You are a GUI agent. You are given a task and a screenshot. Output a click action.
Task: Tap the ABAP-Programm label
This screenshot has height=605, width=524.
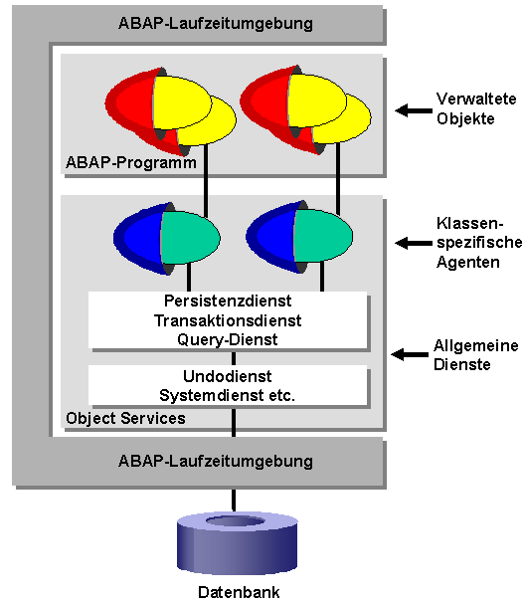click(x=130, y=162)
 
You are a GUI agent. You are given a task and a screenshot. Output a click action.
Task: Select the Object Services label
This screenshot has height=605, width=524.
click(x=125, y=418)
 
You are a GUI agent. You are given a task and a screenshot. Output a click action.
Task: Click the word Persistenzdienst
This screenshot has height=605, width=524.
click(x=228, y=301)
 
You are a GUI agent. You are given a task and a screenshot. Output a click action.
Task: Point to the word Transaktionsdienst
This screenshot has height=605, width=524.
click(x=228, y=320)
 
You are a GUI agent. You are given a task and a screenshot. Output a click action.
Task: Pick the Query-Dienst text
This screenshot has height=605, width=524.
click(x=228, y=339)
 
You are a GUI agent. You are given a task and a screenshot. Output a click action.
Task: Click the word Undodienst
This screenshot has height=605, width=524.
click(x=228, y=376)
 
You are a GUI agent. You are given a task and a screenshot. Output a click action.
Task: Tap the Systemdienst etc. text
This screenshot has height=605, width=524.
click(x=228, y=395)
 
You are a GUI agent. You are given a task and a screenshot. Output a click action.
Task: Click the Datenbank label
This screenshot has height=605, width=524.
click(x=240, y=592)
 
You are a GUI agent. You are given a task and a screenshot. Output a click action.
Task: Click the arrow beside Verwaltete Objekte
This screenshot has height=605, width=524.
click(x=410, y=111)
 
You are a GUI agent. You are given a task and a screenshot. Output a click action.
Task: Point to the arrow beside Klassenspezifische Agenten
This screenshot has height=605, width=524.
click(x=410, y=242)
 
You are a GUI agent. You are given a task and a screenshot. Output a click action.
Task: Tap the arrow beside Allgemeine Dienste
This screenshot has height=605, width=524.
click(x=408, y=353)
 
